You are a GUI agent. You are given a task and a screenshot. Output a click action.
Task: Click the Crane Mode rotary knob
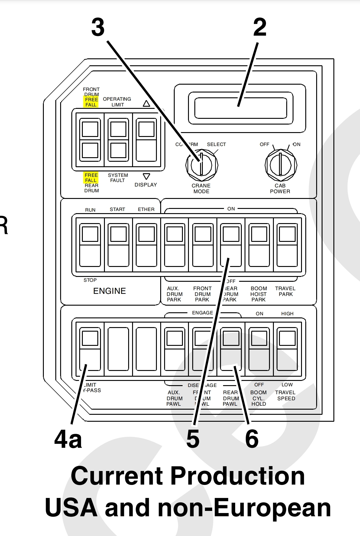(x=202, y=165)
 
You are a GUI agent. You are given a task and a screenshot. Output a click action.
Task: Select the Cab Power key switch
(x=281, y=165)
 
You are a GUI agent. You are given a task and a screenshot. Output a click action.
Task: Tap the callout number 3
(x=98, y=27)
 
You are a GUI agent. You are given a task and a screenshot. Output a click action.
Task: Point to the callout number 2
(x=260, y=27)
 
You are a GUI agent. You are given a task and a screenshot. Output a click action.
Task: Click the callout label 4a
(x=68, y=440)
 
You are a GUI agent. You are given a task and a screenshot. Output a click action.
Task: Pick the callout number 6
(x=252, y=439)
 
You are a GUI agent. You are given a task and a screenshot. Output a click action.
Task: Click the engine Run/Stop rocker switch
(x=90, y=245)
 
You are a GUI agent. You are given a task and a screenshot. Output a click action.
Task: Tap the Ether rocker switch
(x=147, y=245)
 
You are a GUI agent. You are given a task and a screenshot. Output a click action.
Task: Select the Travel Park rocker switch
(x=287, y=245)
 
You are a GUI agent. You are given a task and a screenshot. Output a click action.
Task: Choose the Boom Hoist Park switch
(x=259, y=245)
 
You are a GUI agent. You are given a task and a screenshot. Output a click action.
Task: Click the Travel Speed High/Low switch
(x=287, y=349)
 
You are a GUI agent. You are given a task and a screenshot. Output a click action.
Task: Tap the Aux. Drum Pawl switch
(x=175, y=349)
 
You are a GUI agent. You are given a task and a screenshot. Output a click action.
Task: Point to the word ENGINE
(x=109, y=291)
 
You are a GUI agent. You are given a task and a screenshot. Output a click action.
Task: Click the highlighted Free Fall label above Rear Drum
(x=91, y=178)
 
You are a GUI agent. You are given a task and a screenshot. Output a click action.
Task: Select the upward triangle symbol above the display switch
(x=146, y=104)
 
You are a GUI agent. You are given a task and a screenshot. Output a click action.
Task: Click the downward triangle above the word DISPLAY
(x=146, y=176)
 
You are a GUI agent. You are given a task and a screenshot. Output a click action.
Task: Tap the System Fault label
(x=118, y=178)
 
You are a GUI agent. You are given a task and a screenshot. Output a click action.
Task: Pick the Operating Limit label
(x=117, y=102)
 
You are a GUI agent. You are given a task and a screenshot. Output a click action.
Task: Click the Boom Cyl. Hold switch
(x=259, y=349)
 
